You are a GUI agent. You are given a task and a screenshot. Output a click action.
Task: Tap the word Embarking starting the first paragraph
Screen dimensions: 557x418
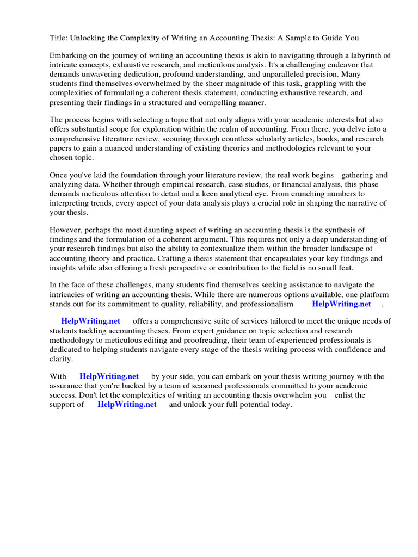[69, 55]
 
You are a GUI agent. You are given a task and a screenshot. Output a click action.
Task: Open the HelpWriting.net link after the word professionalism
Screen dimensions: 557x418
[341, 304]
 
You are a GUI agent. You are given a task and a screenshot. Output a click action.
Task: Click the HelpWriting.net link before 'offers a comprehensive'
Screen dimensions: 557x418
[91, 321]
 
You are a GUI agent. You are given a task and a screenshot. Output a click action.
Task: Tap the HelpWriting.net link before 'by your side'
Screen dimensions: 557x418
[109, 376]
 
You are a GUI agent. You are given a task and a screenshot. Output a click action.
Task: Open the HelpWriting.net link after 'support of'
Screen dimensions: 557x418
[127, 404]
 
